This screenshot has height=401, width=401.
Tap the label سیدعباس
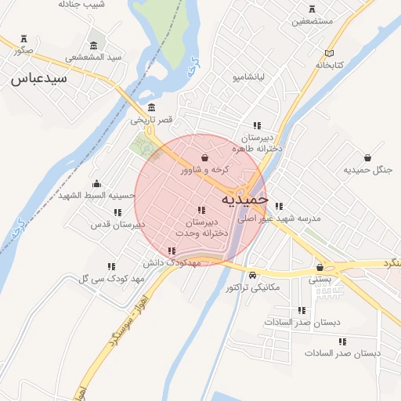(x=39, y=78)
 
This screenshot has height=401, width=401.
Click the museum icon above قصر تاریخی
(x=151, y=108)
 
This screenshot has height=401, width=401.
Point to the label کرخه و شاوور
(x=204, y=169)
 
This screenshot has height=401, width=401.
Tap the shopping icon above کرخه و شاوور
(x=204, y=157)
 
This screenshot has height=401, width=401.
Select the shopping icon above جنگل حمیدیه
(x=367, y=157)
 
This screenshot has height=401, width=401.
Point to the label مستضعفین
(x=313, y=22)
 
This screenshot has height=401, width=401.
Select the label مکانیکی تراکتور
(x=252, y=288)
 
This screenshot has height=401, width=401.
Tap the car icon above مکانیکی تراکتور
(x=252, y=276)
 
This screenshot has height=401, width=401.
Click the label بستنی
(x=320, y=279)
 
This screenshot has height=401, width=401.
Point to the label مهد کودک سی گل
(x=112, y=279)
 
